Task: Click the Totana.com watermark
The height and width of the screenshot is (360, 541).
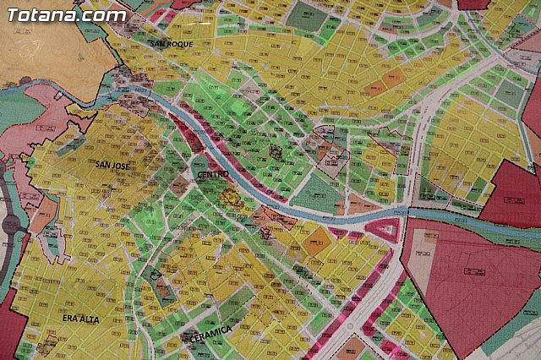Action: coord(66,14)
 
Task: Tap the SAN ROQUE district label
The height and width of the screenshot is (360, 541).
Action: coord(170,43)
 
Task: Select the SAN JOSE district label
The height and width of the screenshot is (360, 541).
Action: coord(112,166)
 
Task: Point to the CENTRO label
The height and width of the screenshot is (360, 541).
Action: coord(211,175)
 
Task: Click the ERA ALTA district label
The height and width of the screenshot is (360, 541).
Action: coord(81,319)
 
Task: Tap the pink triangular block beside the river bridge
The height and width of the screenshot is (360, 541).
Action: coord(381,227)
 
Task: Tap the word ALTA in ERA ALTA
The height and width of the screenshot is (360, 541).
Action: coord(90,319)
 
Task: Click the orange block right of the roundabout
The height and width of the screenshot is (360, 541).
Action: coord(42,215)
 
